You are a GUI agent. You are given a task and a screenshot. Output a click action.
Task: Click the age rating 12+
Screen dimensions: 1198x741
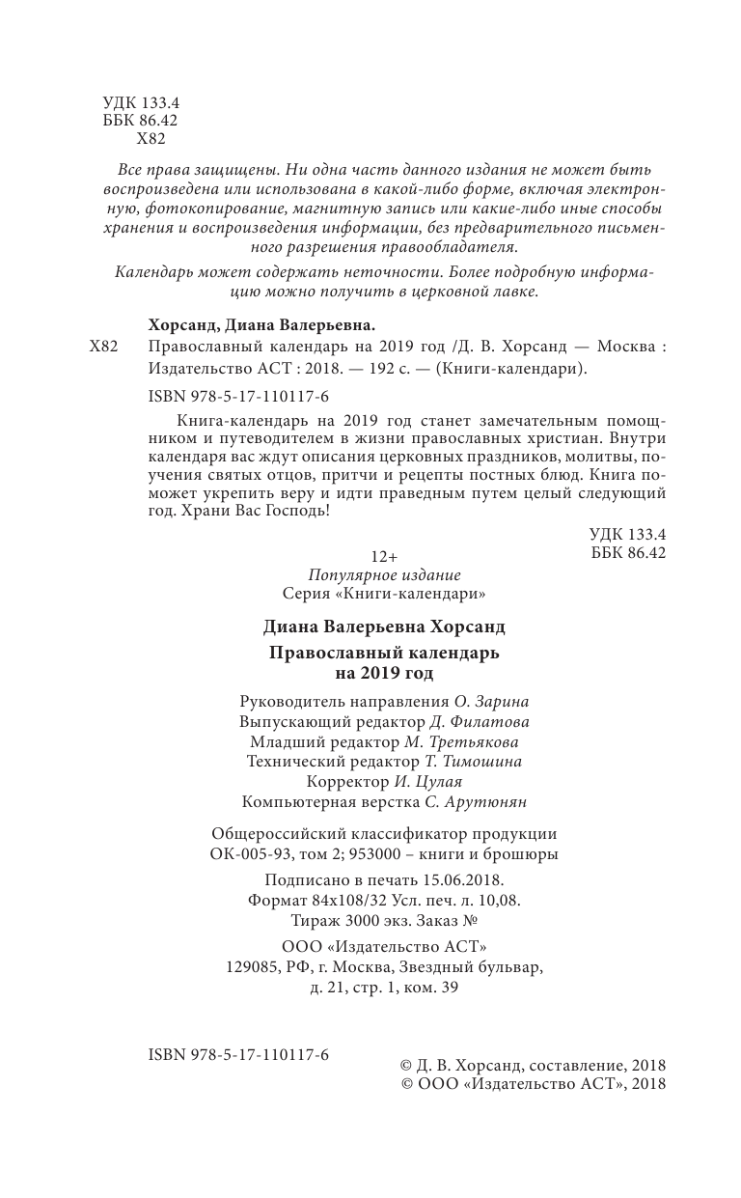(x=384, y=556)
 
